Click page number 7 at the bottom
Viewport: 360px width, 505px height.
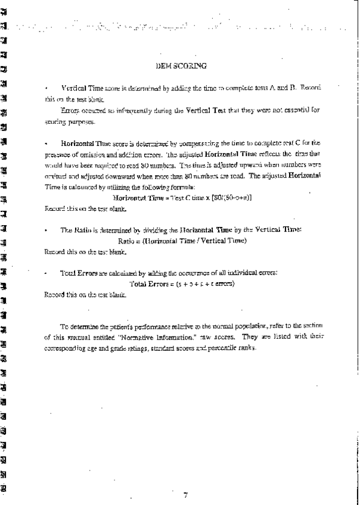(x=185, y=494)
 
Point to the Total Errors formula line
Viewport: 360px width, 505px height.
(x=182, y=283)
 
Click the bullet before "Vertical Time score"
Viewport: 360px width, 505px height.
(x=46, y=88)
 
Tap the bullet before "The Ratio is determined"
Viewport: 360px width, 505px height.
(x=46, y=230)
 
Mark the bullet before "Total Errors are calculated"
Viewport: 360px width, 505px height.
(x=46, y=273)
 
